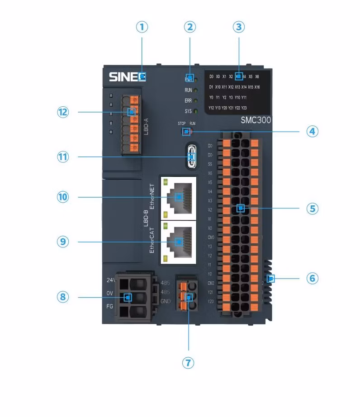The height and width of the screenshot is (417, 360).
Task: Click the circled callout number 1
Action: tap(142, 27)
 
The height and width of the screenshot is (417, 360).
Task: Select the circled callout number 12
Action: tap(63, 112)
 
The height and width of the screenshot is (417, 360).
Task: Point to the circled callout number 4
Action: tap(312, 131)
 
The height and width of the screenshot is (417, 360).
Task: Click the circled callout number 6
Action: tap(312, 278)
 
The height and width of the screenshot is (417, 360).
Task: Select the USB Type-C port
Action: tap(191, 156)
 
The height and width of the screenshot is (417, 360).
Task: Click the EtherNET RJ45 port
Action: tap(178, 197)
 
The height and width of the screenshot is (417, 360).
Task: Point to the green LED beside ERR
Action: tap(196, 100)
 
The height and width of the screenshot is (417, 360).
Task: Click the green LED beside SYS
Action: tap(196, 111)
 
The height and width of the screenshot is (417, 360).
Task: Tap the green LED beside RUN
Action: tap(196, 90)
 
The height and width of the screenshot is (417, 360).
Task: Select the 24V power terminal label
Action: tap(110, 280)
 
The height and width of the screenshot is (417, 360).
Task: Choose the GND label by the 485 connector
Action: tap(166, 301)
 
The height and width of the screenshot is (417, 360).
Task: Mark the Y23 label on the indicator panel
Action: tap(244, 108)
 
